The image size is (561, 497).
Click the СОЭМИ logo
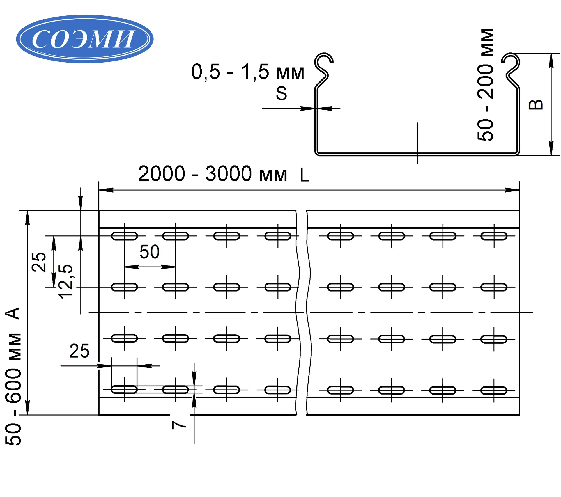tap(85, 39)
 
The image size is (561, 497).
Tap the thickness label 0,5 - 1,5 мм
tap(247, 72)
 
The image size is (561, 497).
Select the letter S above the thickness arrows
tap(281, 93)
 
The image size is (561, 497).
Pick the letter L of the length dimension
tap(304, 175)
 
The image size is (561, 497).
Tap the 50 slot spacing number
tap(150, 252)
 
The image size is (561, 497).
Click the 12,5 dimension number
tap(66, 281)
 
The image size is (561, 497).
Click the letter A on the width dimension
tap(13, 313)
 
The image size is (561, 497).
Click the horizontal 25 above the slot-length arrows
tap(79, 351)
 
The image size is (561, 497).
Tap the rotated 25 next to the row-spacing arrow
tap(39, 262)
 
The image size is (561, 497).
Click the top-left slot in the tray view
tap(124, 236)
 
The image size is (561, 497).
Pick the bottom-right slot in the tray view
tap(494, 390)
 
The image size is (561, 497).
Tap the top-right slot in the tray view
tap(494, 236)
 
